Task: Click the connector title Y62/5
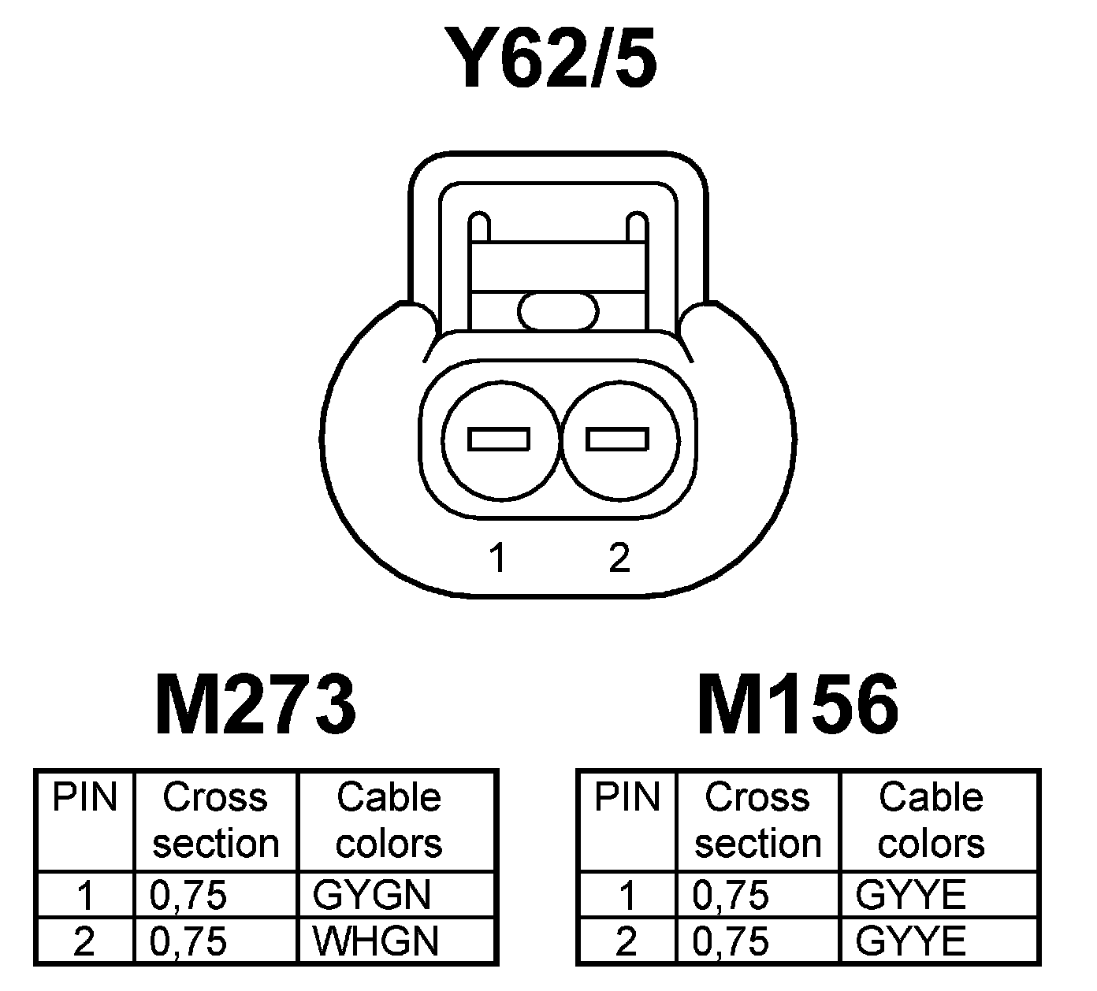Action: click(x=549, y=58)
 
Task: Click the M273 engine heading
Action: click(x=256, y=703)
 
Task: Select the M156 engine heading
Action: click(x=798, y=703)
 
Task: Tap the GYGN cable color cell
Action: click(x=372, y=895)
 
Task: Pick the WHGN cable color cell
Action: click(x=375, y=941)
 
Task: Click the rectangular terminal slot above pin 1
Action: click(x=498, y=439)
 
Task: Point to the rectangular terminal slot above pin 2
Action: click(x=619, y=439)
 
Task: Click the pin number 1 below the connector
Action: click(x=496, y=558)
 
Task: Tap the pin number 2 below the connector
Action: click(x=619, y=558)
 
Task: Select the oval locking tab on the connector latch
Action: click(x=557, y=310)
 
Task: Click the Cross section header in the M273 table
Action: click(x=215, y=820)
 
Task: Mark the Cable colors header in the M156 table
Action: click(x=931, y=820)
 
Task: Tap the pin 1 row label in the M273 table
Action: click(x=85, y=896)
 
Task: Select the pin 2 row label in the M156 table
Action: click(x=626, y=941)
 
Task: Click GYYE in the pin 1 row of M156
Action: click(x=910, y=895)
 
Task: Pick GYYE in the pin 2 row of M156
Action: click(x=910, y=941)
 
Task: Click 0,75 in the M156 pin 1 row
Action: click(x=730, y=896)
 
